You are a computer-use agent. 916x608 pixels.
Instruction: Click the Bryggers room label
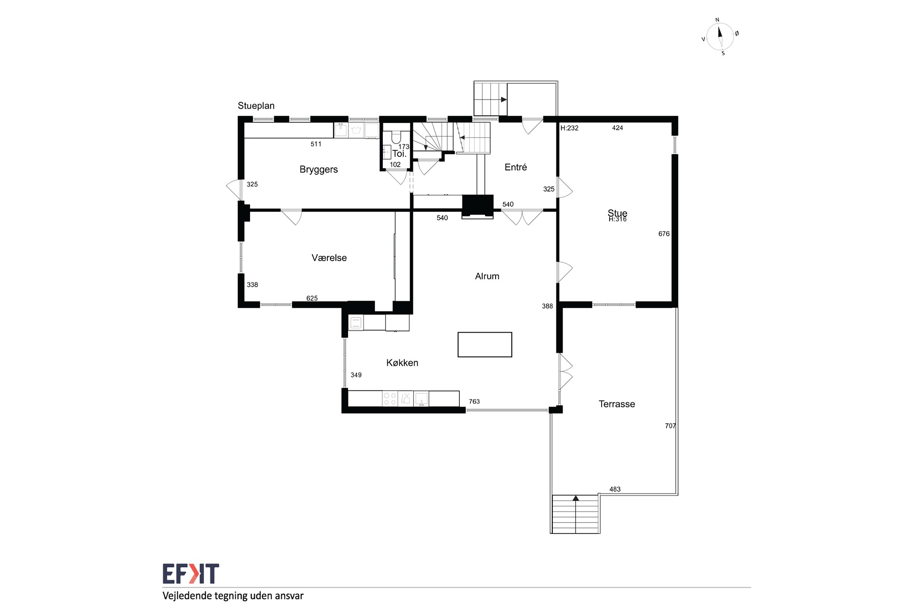coord(318,169)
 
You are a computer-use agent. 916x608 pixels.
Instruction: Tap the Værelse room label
coord(329,258)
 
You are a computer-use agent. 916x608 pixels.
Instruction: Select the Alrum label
coord(487,276)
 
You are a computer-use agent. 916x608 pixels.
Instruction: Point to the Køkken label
coord(402,363)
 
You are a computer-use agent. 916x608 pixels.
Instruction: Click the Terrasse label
coord(617,404)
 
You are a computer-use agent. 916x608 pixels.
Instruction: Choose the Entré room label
coord(516,167)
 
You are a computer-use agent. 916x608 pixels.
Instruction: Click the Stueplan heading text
coord(256,106)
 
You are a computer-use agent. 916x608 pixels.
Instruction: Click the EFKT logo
coord(191,574)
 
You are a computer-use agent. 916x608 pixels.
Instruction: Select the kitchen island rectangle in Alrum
coord(485,345)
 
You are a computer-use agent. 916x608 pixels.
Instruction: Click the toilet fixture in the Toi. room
coord(396,137)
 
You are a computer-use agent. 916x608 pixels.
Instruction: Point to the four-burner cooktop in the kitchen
coord(390,399)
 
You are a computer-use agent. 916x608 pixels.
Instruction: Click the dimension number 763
coord(474,401)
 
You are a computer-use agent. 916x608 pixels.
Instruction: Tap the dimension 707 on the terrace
coord(670,426)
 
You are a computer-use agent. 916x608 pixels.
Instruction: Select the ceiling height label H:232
coord(569,128)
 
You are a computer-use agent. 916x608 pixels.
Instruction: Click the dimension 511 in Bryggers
coord(316,144)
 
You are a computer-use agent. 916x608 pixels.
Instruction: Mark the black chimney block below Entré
coord(478,206)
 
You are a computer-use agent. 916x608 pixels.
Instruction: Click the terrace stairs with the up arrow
coord(575,514)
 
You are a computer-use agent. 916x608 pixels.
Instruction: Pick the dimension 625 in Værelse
coord(312,298)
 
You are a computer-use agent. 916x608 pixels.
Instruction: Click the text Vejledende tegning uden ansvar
coord(233,596)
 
